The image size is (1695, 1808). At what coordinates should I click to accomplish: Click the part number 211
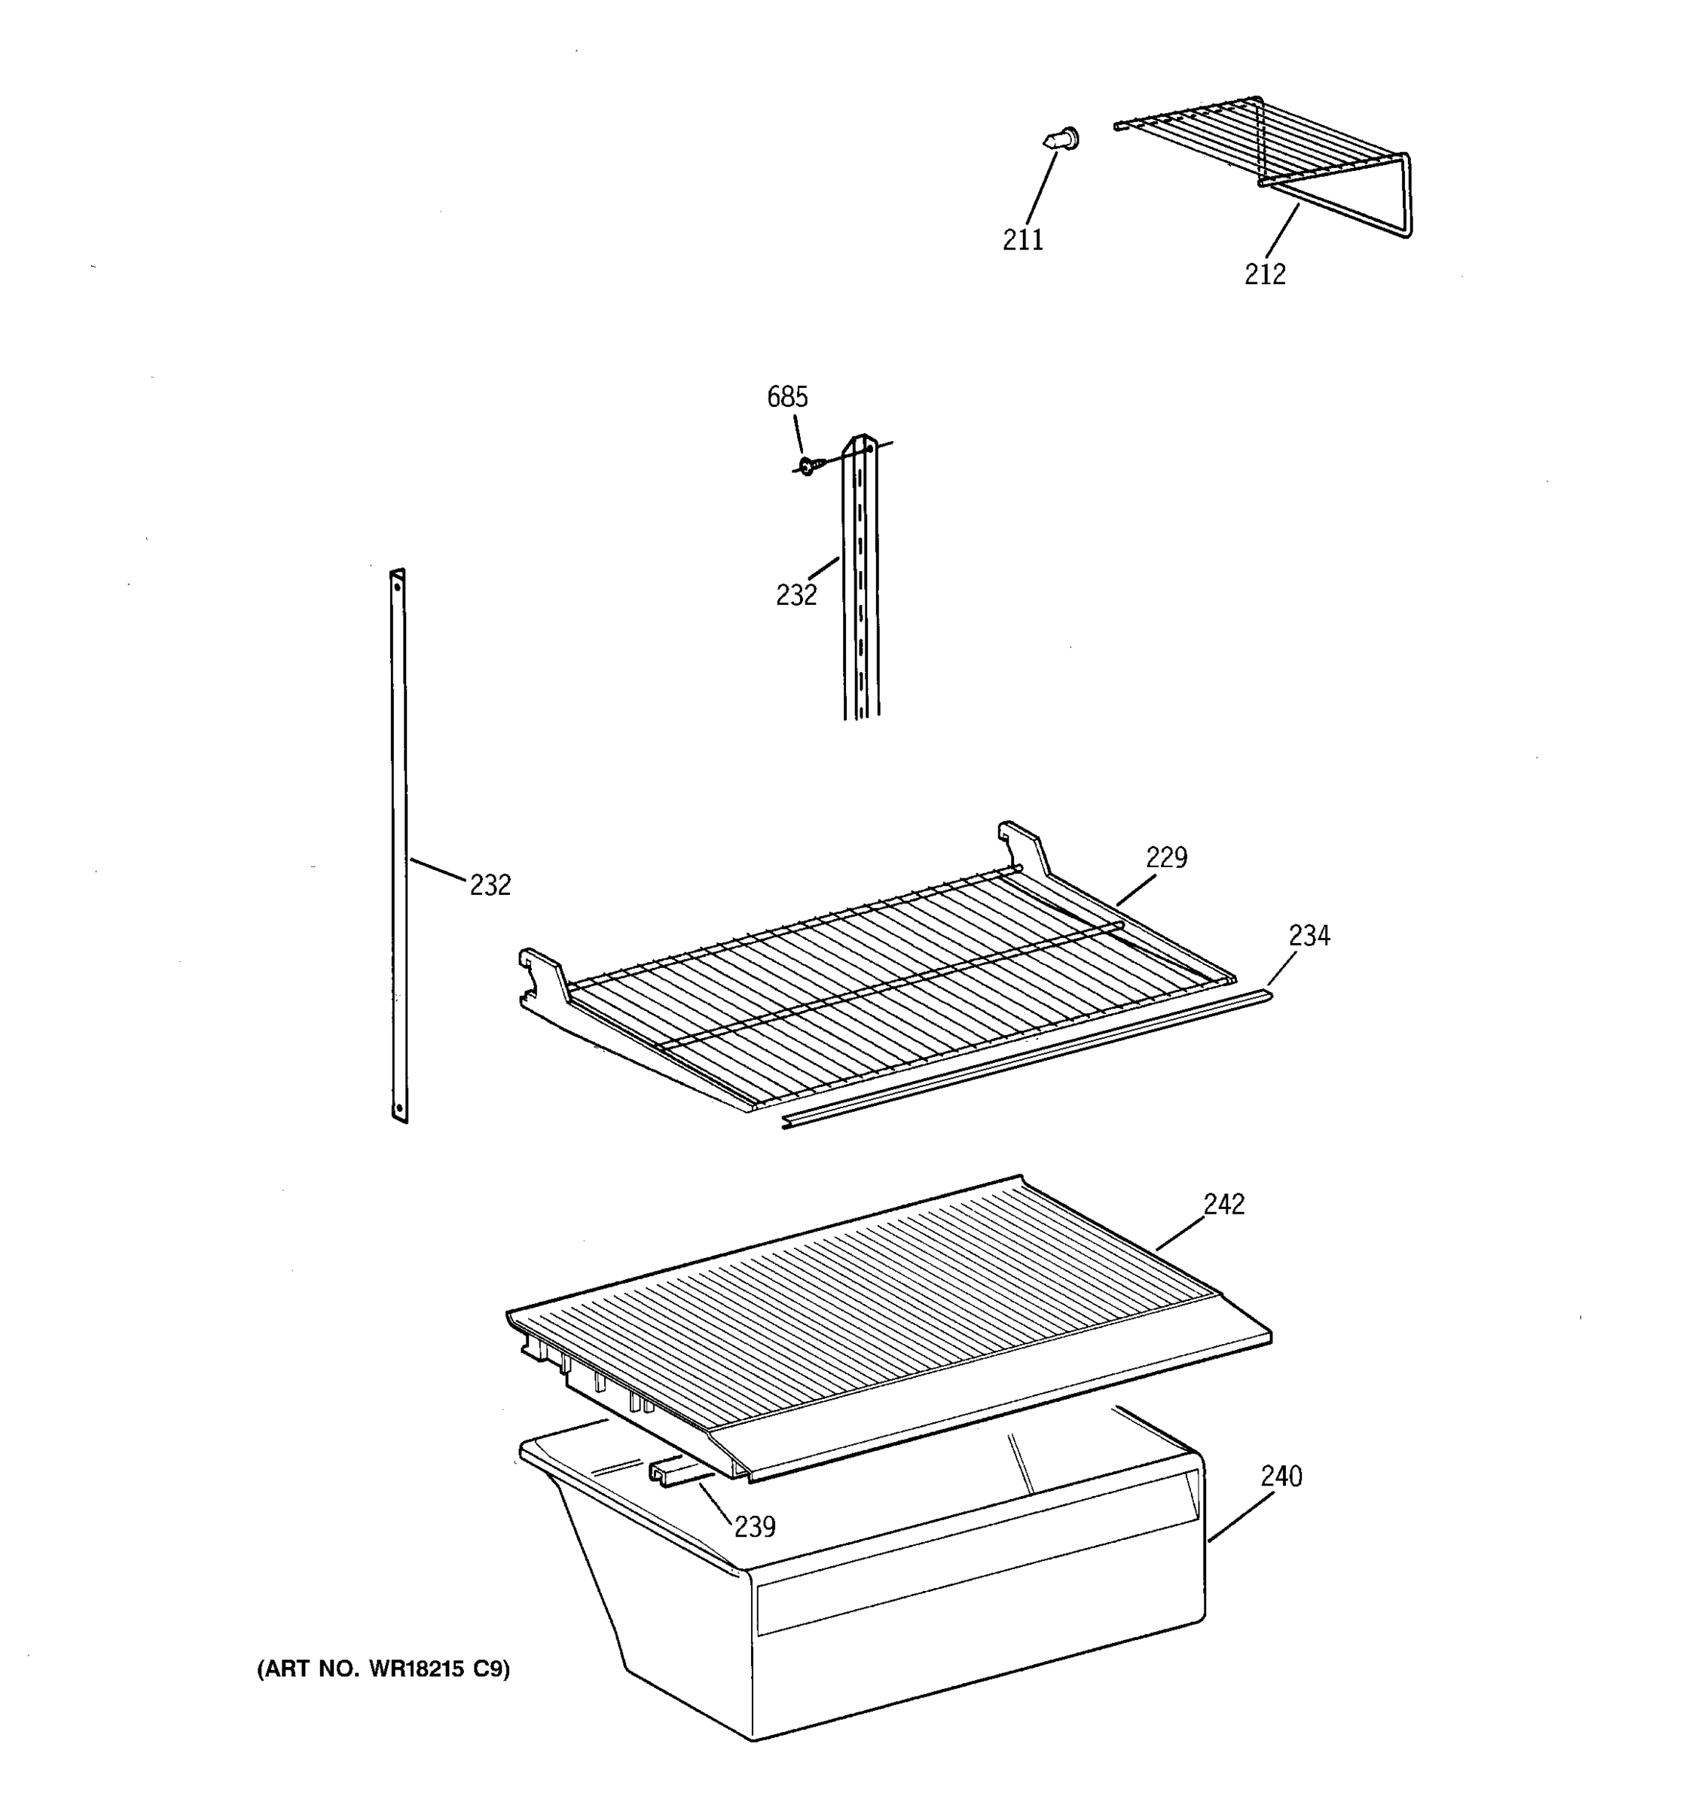coord(1022,240)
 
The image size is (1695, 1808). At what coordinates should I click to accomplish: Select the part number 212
coord(1264,273)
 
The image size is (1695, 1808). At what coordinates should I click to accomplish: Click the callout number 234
coord(1309,935)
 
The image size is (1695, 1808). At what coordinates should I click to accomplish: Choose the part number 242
coord(1223,1203)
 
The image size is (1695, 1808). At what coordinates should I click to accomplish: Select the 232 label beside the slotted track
coord(796,595)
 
